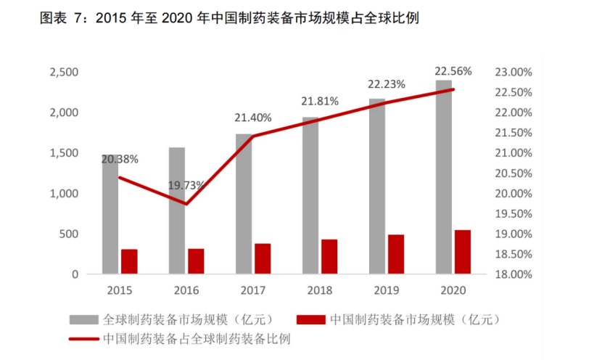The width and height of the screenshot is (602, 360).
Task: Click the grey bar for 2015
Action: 110,218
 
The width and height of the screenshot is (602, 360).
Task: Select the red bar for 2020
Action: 463,252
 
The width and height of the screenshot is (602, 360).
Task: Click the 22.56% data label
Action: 453,71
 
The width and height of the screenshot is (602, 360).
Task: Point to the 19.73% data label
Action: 187,187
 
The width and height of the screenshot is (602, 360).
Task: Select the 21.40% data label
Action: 252,118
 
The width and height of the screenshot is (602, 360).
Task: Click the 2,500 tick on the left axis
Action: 64,72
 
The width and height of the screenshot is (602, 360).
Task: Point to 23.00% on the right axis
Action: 513,72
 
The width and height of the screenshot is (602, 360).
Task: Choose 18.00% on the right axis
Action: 513,275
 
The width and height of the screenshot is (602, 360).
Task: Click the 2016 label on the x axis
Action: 186,290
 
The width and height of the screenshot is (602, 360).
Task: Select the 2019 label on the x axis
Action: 387,290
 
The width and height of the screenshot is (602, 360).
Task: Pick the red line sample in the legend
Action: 85,338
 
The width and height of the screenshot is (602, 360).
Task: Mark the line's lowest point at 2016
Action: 186,204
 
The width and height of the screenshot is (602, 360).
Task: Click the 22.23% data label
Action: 386,84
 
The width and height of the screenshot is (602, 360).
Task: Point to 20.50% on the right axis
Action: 513,173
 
